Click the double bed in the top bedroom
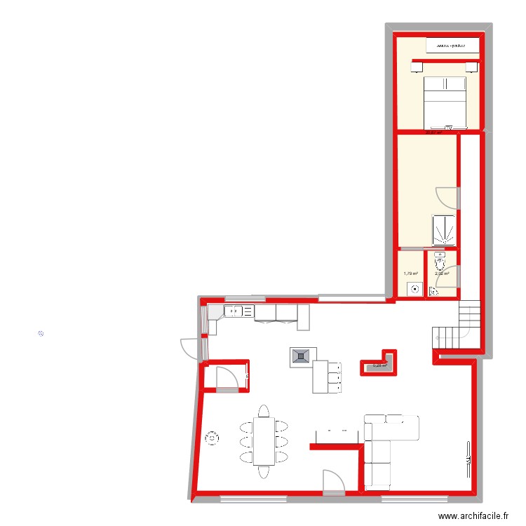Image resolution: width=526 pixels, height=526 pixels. (x=445, y=102)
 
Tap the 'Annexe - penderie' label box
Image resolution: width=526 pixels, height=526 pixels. (x=452, y=46)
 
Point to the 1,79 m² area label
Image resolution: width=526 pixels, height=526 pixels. (x=410, y=274)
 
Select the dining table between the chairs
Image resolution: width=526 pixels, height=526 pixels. (x=264, y=440)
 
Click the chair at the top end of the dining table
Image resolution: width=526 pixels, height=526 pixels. (x=264, y=410)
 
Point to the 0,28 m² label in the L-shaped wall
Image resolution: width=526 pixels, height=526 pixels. (x=379, y=365)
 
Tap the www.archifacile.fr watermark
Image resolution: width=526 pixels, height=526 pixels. (x=474, y=516)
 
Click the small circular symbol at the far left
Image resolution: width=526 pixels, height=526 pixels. (x=41, y=334)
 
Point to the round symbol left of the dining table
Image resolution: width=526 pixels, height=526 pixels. (x=210, y=440)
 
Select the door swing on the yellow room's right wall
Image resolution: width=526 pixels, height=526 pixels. (x=447, y=198)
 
